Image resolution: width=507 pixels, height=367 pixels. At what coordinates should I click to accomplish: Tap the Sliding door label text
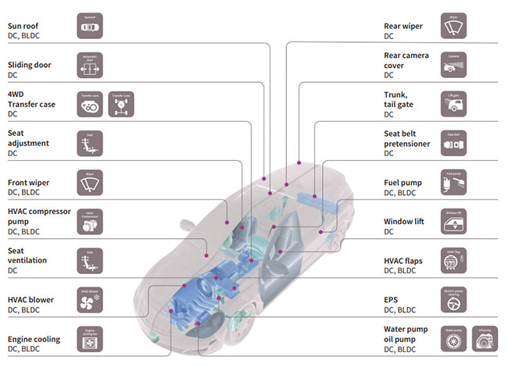coord(30,65)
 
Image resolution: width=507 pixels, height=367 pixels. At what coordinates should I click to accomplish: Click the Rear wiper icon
coord(453,26)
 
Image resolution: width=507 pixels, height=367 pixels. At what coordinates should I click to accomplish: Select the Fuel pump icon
coord(453,183)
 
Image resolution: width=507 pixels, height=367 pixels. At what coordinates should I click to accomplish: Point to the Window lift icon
coord(453,222)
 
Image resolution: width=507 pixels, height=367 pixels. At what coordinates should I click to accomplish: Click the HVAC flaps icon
coord(453,261)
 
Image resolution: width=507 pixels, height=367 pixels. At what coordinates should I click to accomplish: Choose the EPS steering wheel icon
coord(453,300)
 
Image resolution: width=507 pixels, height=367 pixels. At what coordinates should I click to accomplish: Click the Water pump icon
coord(453,339)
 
